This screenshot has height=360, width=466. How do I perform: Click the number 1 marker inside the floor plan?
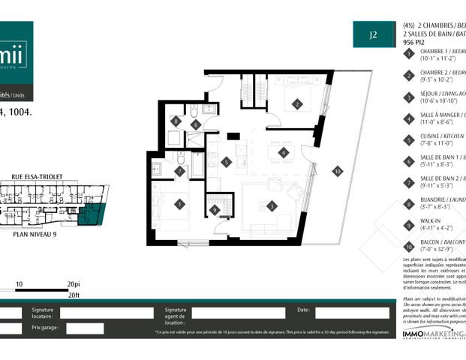pyautogui.click(x=180, y=203)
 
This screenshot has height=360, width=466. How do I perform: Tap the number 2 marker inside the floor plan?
pyautogui.click(x=297, y=104)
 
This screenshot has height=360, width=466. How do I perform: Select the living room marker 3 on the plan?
pyautogui.click(x=273, y=205)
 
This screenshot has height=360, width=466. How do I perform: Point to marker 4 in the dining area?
pyautogui.click(x=283, y=152)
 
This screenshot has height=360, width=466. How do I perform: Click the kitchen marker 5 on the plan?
pyautogui.click(x=227, y=162)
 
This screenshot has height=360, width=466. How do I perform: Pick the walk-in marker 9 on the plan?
pyautogui.click(x=215, y=211)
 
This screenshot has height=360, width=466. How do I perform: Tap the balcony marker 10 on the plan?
pyautogui.click(x=338, y=172)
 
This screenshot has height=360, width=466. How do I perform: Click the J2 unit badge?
pyautogui.click(x=372, y=33)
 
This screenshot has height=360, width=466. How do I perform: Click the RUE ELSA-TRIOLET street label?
pyautogui.click(x=36, y=178)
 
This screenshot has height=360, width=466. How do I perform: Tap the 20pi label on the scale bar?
pyautogui.click(x=73, y=285)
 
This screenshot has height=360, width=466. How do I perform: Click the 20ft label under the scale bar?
pyautogui.click(x=73, y=295)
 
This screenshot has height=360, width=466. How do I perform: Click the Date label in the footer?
pyautogui.click(x=303, y=309)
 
